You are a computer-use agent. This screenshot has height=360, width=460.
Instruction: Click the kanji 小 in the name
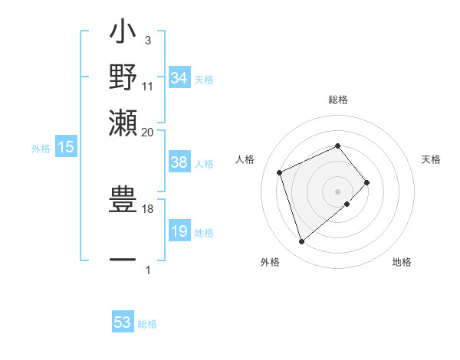click(123, 36)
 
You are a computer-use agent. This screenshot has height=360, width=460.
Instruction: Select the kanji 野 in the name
click(123, 77)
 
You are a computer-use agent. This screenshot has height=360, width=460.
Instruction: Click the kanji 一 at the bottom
click(123, 260)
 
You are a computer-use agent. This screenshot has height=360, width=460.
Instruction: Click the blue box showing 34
click(179, 78)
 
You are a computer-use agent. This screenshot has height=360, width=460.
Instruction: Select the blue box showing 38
click(179, 162)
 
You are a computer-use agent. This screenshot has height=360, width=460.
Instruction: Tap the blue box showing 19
click(179, 232)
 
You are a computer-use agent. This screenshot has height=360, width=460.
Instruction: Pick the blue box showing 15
click(66, 148)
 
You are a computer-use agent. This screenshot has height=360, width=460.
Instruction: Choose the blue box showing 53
click(123, 322)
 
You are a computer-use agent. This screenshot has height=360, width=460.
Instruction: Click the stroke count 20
click(147, 132)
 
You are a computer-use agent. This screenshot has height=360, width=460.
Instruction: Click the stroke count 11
click(148, 85)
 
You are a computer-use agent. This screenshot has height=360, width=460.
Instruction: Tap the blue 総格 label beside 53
click(147, 324)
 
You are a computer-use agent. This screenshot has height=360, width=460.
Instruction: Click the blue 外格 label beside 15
click(41, 149)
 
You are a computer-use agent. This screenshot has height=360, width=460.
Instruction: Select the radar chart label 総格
click(338, 100)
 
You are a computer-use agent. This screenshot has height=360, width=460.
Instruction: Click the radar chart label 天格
click(432, 159)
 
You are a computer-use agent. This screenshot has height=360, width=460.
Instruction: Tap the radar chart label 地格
click(402, 263)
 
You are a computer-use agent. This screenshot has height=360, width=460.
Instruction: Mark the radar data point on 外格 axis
click(301, 242)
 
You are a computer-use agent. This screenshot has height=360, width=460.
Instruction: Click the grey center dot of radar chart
click(338, 190)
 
